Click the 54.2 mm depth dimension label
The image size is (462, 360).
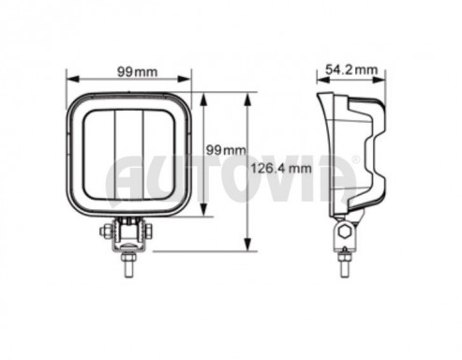click(x=351, y=69)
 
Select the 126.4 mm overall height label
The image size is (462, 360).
click(x=281, y=169)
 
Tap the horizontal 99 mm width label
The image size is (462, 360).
click(x=137, y=72)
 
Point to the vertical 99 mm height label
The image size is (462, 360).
click(x=226, y=150)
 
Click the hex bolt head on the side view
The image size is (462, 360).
click(x=345, y=232)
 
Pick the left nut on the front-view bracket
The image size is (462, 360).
click(x=104, y=232)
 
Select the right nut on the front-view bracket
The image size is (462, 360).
click(x=149, y=232)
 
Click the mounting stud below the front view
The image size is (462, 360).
click(x=127, y=264)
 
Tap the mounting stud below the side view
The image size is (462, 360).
click(x=345, y=264)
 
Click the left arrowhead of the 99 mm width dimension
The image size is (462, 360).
click(x=72, y=80)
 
